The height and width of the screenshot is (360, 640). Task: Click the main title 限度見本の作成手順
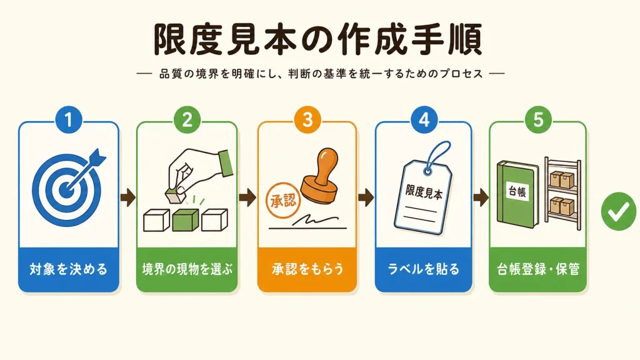click(x=318, y=39)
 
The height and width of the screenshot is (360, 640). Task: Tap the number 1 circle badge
click(x=69, y=120)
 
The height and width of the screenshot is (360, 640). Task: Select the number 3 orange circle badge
click(x=307, y=120)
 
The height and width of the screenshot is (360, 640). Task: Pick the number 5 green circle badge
click(x=538, y=120)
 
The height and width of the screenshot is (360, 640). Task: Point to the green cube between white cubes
click(x=185, y=221)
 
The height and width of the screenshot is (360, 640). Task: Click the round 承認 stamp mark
click(x=283, y=201)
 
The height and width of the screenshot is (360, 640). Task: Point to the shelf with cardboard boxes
click(x=563, y=194)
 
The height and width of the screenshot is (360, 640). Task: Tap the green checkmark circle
click(x=619, y=211)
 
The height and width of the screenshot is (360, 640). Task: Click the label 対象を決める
click(x=69, y=269)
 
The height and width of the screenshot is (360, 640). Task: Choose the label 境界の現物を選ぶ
click(x=187, y=269)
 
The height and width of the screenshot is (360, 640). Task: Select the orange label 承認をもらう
click(x=307, y=269)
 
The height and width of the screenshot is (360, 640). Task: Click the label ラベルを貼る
click(x=423, y=269)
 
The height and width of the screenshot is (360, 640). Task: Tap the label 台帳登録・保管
click(x=538, y=269)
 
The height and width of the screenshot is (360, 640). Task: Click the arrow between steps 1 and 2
click(x=127, y=197)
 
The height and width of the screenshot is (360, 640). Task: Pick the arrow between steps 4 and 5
click(x=481, y=197)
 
